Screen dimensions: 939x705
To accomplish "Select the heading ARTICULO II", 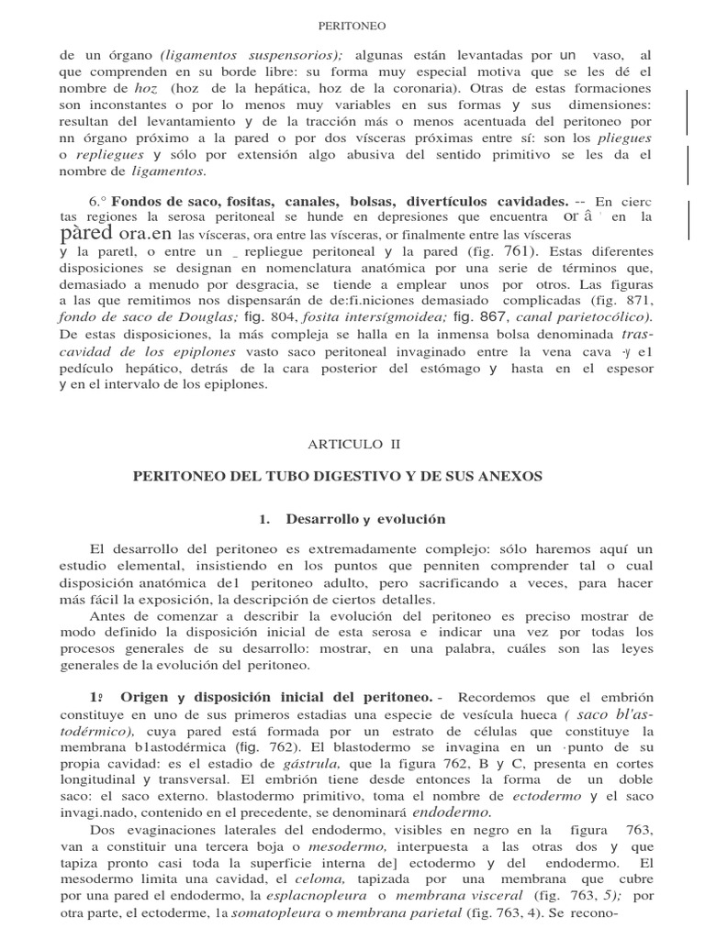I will [353, 443].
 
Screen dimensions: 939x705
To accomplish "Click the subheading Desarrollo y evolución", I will [364, 519].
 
